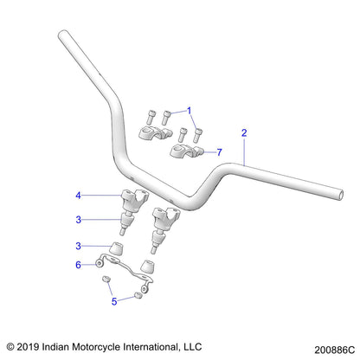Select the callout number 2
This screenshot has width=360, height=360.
point(245,132)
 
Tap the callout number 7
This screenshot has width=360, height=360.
point(220,151)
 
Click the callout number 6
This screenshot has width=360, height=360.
point(101,264)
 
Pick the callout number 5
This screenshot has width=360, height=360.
point(113,302)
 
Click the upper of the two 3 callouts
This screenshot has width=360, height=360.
point(101,219)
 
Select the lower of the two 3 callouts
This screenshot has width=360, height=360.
point(101,247)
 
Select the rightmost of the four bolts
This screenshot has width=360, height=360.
point(201,133)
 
